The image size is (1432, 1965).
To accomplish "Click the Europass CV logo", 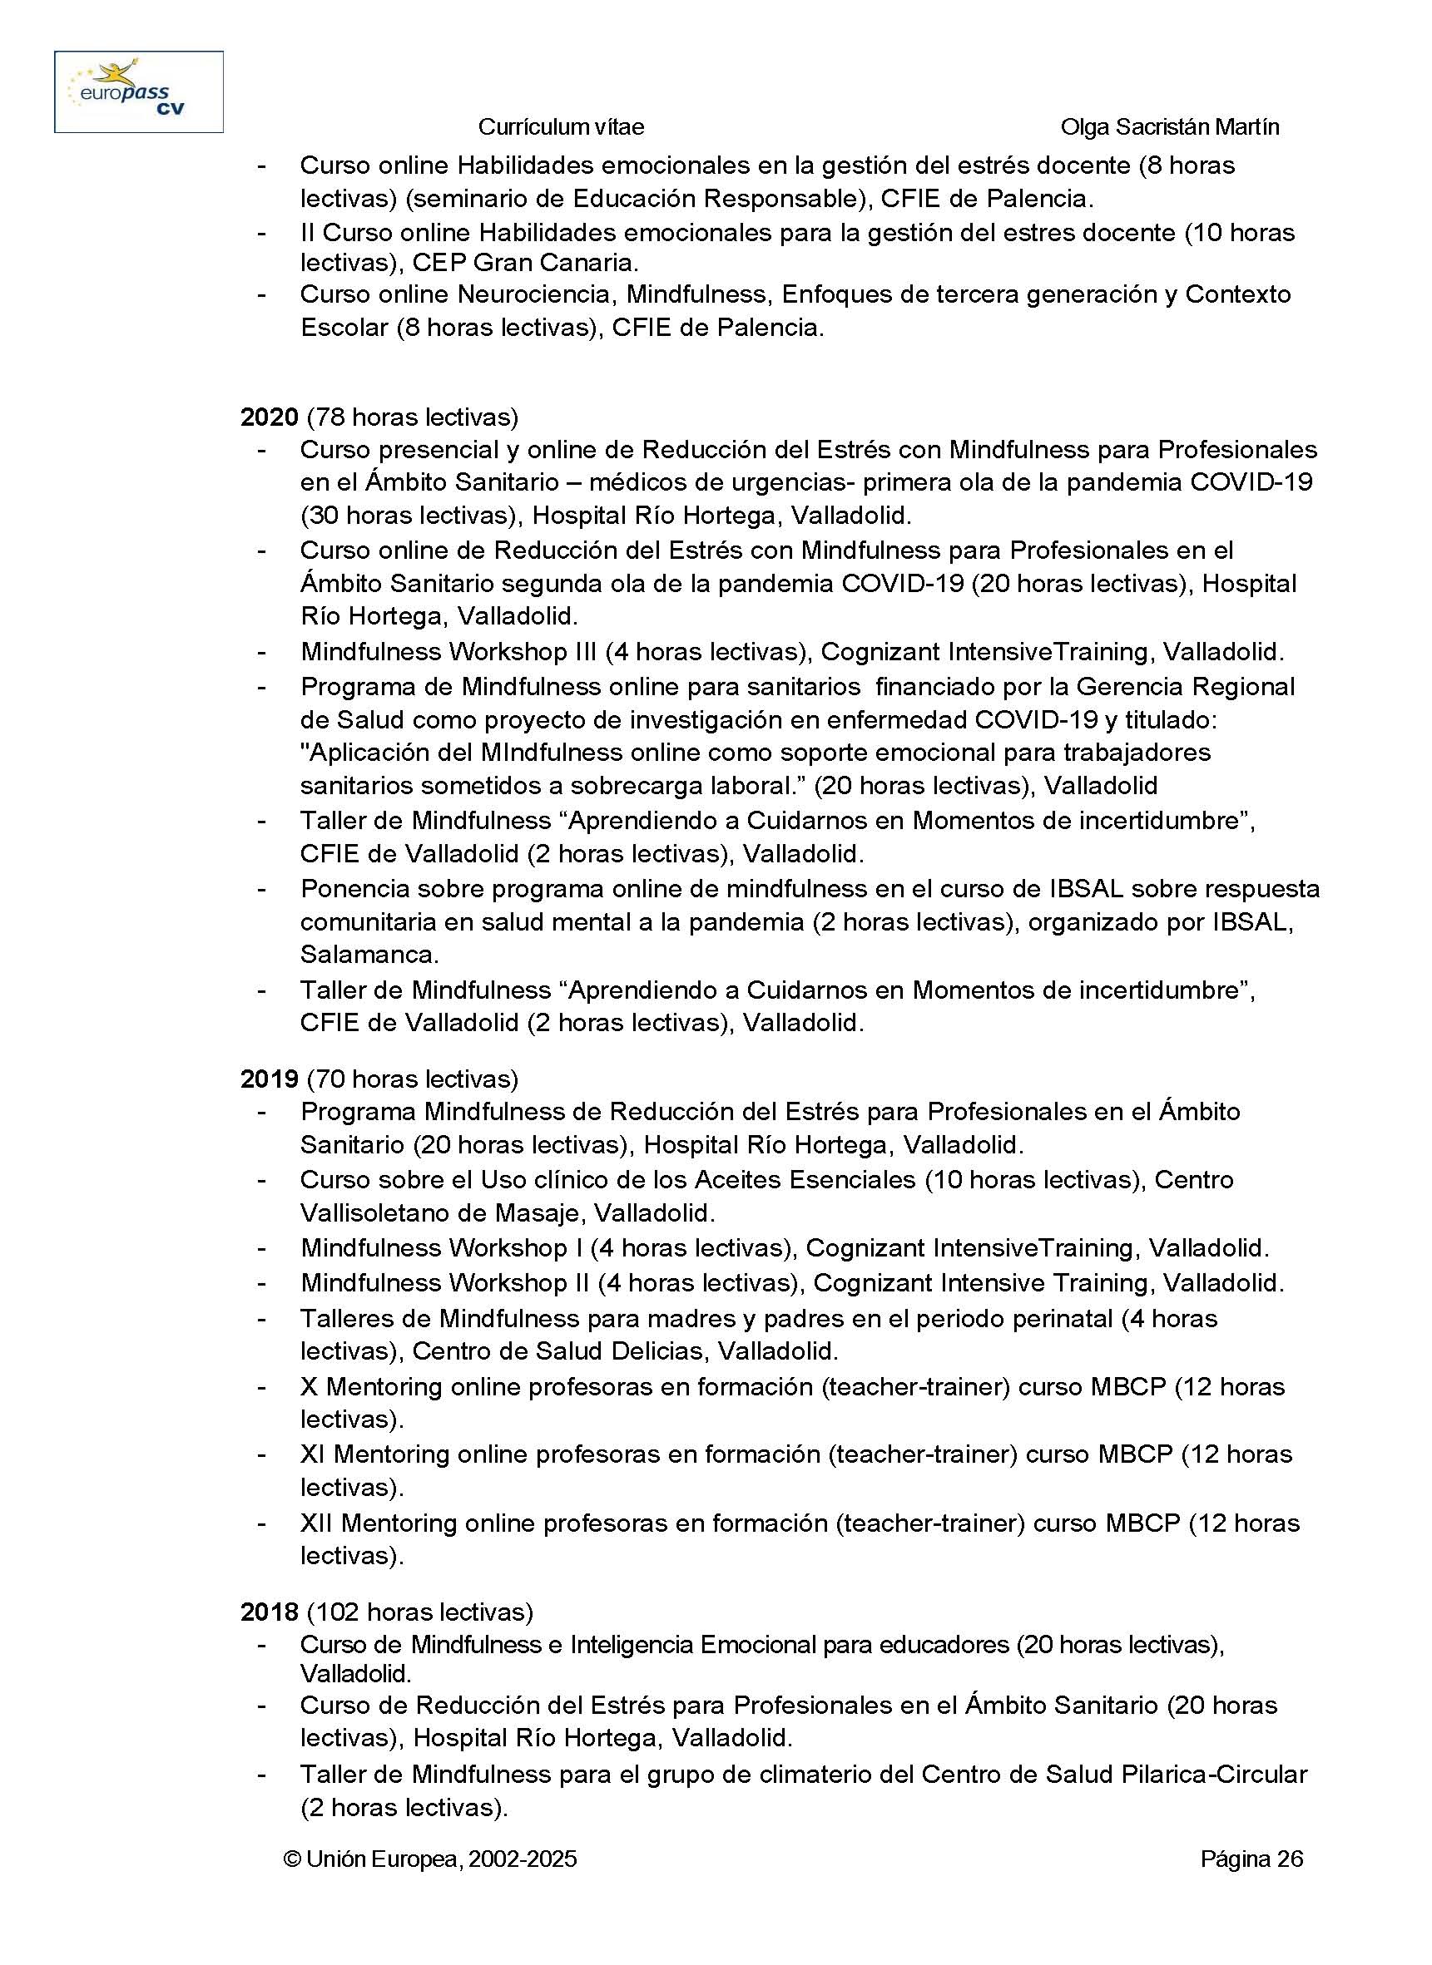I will [139, 91].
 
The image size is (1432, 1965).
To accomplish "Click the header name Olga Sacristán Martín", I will [1169, 127].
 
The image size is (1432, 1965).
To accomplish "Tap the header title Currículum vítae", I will [561, 127].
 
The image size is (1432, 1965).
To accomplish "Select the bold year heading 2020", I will [269, 417].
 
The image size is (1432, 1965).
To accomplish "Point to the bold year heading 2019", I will [269, 1079].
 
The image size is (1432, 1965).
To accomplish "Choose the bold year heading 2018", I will [269, 1612].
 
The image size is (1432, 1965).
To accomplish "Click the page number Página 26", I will [1251, 1859].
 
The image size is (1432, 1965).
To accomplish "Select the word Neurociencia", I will [536, 294].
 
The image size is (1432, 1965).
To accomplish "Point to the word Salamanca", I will [369, 954].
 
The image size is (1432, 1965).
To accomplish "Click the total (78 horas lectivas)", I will [413, 417].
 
